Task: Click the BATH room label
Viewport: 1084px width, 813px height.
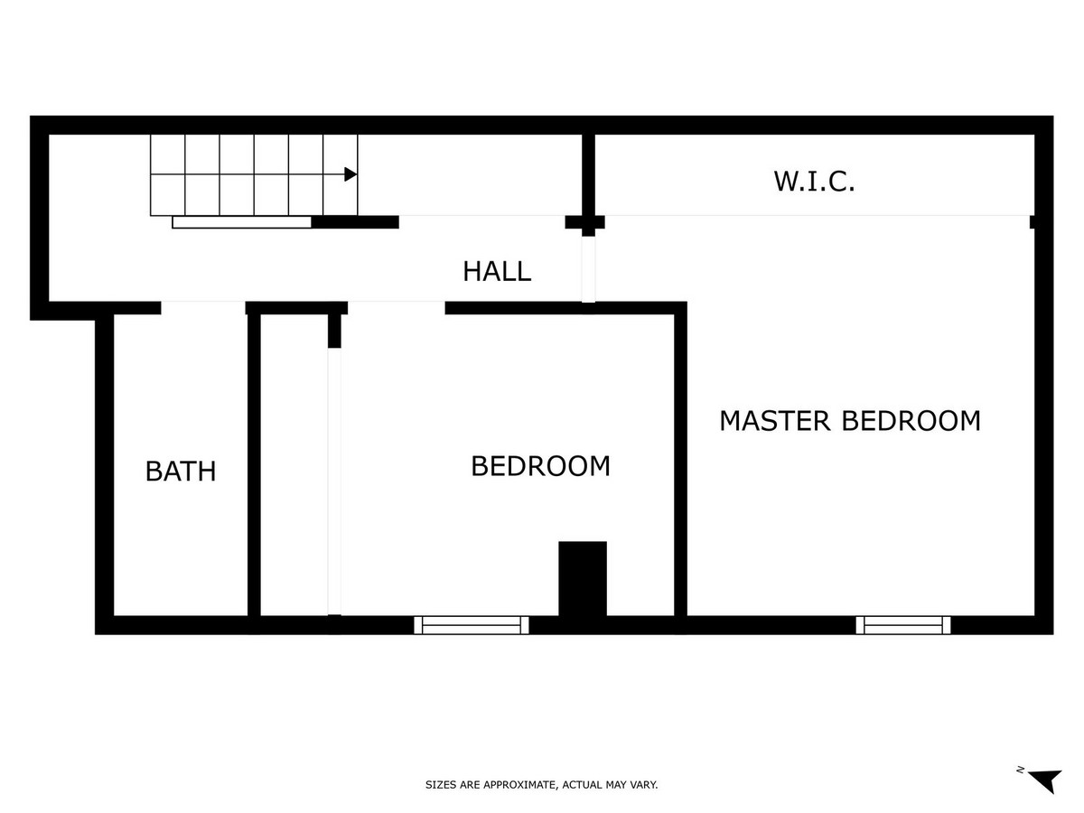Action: click(x=181, y=471)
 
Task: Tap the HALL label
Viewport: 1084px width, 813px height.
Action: click(x=497, y=271)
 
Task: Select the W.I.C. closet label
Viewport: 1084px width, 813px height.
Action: click(x=814, y=182)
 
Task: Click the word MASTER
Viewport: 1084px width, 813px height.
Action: click(x=774, y=421)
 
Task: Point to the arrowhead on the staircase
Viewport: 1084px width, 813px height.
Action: click(x=350, y=174)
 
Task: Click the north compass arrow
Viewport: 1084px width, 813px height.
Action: click(x=1046, y=780)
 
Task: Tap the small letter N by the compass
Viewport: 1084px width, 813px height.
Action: click(x=1020, y=770)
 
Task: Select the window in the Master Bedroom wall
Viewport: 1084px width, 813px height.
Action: click(x=903, y=624)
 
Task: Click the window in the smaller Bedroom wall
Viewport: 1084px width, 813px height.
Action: click(x=472, y=624)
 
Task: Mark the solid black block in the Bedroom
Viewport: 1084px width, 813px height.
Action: click(x=583, y=578)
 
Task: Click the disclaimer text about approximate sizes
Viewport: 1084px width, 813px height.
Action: click(x=542, y=785)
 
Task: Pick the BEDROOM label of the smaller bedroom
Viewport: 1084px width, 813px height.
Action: click(x=541, y=466)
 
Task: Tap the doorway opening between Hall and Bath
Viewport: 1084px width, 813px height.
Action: click(x=203, y=307)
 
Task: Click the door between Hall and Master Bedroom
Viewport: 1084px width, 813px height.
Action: click(x=589, y=268)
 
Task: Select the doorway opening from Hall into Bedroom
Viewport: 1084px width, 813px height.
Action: click(x=397, y=307)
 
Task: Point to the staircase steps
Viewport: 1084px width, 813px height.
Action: click(x=253, y=175)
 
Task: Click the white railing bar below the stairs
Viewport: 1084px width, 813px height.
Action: click(x=242, y=222)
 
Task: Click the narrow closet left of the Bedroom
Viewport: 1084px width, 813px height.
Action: click(x=294, y=465)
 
